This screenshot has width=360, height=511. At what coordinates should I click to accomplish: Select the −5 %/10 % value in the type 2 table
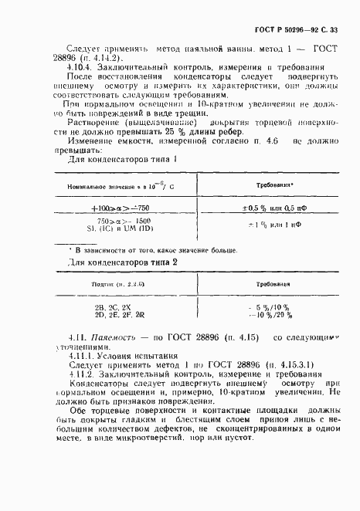pyautogui.click(x=265, y=306)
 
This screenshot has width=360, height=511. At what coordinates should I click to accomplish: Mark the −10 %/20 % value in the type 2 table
pyautogui.click(x=265, y=315)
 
